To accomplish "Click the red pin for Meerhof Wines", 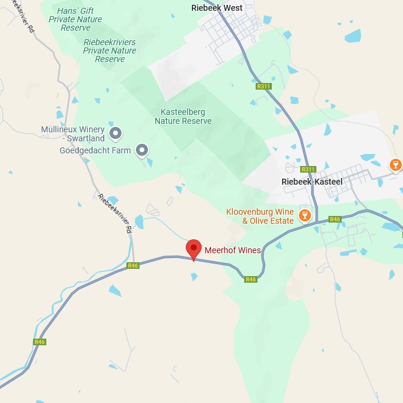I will tap(193, 248).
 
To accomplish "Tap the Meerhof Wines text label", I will tap(233, 250).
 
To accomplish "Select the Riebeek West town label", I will tap(217, 8).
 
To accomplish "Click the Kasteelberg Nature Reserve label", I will tap(183, 117).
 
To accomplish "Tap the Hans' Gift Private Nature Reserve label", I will tap(76, 19).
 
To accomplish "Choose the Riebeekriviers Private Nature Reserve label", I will tap(109, 51).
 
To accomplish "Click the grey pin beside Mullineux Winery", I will tap(115, 133).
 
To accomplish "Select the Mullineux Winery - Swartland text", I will tap(73, 134).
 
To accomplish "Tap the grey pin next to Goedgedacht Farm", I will tap(142, 150).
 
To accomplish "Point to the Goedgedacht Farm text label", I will tap(95, 150).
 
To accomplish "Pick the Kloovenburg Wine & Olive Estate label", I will tap(260, 217).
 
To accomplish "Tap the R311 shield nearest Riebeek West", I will tap(263, 87).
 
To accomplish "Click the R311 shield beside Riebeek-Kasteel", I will tap(309, 170).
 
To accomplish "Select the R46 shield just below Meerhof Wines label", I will tap(251, 279).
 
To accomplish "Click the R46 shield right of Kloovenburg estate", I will tap(335, 220).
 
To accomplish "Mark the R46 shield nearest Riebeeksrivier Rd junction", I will tap(133, 265).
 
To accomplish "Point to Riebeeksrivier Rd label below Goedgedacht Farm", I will tap(114, 214).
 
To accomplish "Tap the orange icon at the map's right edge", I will tap(396, 164).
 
